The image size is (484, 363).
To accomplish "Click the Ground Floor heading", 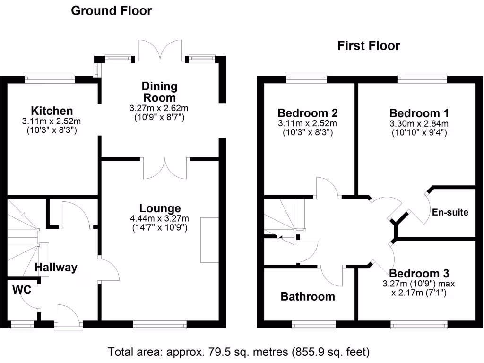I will [111, 11].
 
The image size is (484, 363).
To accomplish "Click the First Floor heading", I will [368, 46].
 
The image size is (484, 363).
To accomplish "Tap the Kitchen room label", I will [52, 111].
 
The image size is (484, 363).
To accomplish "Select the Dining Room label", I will [160, 92].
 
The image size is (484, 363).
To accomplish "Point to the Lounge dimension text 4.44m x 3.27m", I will [160, 218].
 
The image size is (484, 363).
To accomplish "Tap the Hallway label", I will [56, 268].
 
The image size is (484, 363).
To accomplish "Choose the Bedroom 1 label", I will [419, 113].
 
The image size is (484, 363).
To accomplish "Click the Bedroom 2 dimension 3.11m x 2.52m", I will [307, 124].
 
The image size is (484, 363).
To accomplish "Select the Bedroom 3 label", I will [419, 274].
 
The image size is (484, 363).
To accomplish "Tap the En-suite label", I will [450, 212].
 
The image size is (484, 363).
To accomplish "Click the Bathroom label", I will [308, 296].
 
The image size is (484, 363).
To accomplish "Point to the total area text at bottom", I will [239, 352].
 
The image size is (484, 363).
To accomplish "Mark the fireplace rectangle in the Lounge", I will [210, 240].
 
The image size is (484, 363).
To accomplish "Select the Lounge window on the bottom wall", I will [160, 325].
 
